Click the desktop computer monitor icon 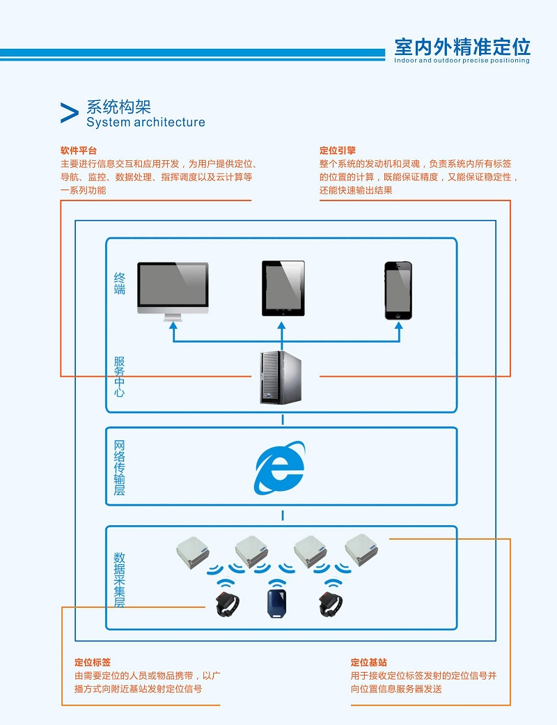[173, 287]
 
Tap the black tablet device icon [283, 288]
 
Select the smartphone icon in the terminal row [398, 290]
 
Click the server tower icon [281, 377]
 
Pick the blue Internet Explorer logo [280, 467]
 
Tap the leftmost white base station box [192, 549]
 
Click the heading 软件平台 [79, 150]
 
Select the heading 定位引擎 [338, 150]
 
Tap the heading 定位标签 [93, 662]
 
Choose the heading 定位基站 [369, 662]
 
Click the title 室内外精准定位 [462, 47]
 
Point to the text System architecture [146, 123]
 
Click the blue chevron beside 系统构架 [69, 114]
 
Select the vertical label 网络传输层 [120, 467]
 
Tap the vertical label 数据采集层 [120, 580]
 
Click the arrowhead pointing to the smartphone [400, 325]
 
